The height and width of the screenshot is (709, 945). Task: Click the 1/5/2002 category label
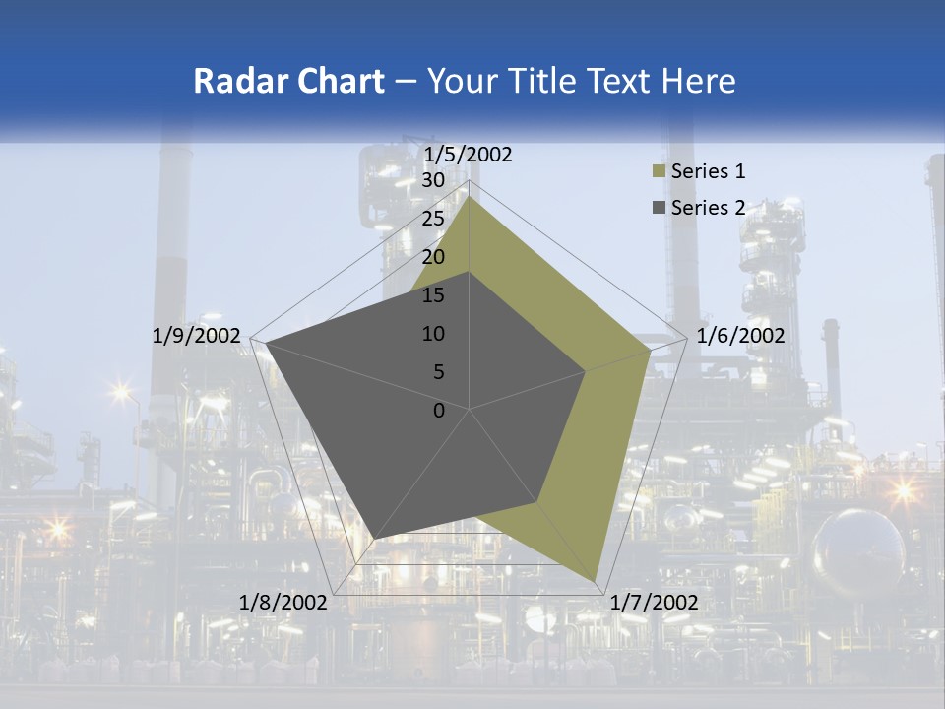point(468,155)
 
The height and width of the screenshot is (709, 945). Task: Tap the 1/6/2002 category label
point(740,336)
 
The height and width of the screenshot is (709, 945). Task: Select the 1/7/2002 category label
point(654,602)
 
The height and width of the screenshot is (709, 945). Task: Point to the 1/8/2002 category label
point(283,602)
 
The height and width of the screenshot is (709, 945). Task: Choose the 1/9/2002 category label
point(197,336)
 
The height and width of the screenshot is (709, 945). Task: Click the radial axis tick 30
point(432,180)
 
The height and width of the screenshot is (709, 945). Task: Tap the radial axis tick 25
point(432,219)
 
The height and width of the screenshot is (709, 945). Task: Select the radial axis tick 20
point(432,257)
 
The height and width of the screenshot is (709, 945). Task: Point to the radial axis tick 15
point(432,295)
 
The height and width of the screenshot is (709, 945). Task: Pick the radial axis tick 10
point(432,334)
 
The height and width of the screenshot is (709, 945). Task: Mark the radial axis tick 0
point(438,411)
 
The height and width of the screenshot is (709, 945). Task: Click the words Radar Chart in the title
point(287,81)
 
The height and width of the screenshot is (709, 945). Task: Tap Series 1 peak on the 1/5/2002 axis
point(470,198)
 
